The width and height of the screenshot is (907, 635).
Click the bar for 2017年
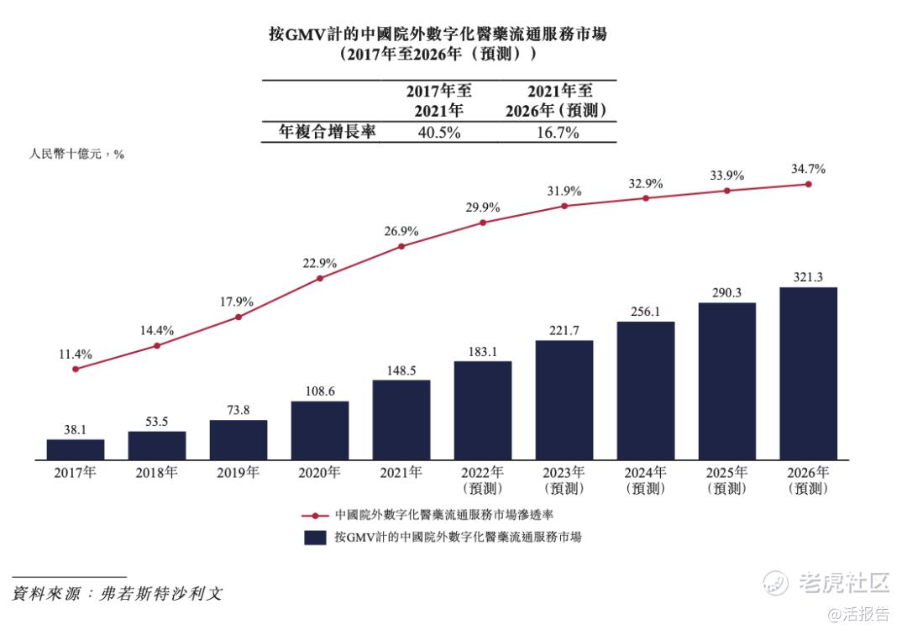[76, 449]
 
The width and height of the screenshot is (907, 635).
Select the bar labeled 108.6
[320, 430]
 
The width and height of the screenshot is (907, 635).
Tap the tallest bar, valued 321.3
[809, 374]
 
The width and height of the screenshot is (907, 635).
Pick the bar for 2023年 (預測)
[564, 400]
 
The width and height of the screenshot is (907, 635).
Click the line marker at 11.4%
[76, 369]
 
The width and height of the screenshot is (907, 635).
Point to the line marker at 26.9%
[401, 246]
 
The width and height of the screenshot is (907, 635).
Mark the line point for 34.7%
[809, 184]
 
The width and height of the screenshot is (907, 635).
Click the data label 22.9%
[320, 263]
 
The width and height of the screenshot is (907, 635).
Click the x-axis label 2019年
[239, 472]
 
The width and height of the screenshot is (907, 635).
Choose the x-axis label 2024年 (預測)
[646, 480]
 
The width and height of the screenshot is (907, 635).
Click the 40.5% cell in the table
[438, 133]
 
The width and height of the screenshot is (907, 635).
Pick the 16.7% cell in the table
[557, 133]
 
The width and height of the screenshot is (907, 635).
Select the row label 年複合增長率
[327, 132]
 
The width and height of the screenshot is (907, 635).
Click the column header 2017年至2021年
[438, 101]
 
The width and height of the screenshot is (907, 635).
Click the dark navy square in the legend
[315, 538]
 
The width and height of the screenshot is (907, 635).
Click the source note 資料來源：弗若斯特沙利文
[118, 593]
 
